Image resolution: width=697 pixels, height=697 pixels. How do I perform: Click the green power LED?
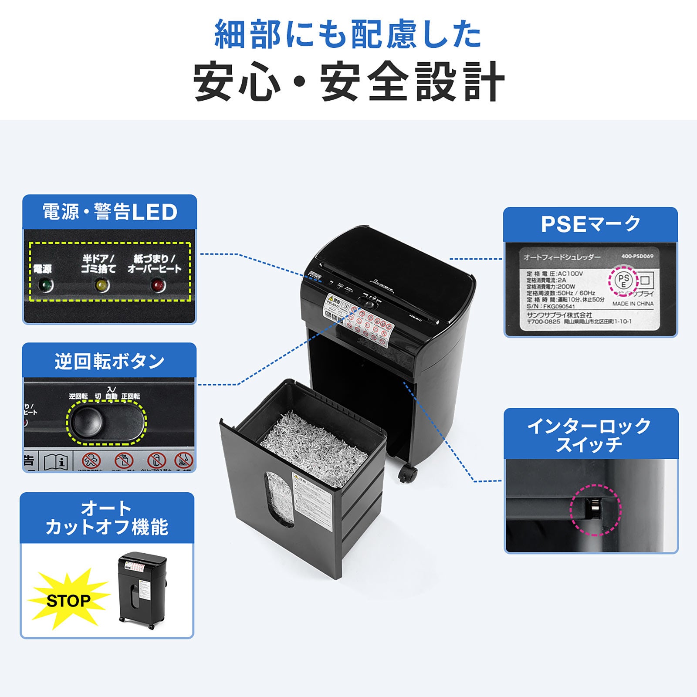coord(45,286)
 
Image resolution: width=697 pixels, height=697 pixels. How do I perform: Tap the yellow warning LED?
coord(102,286)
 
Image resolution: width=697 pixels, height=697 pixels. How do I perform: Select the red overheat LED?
coord(158,286)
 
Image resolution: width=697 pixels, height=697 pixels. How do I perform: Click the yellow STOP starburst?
coord(68,600)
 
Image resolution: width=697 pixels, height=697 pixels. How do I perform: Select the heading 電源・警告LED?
coord(110,212)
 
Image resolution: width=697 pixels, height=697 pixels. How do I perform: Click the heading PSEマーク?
coord(590,224)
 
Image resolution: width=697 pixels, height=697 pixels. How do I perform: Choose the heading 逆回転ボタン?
coord(109,361)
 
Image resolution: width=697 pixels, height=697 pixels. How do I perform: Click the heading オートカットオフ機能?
coord(107,518)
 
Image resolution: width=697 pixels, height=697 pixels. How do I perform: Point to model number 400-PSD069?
coord(637,256)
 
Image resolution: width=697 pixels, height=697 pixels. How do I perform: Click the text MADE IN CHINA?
coord(633,304)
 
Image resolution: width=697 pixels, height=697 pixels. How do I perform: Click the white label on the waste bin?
coord(311,501)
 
